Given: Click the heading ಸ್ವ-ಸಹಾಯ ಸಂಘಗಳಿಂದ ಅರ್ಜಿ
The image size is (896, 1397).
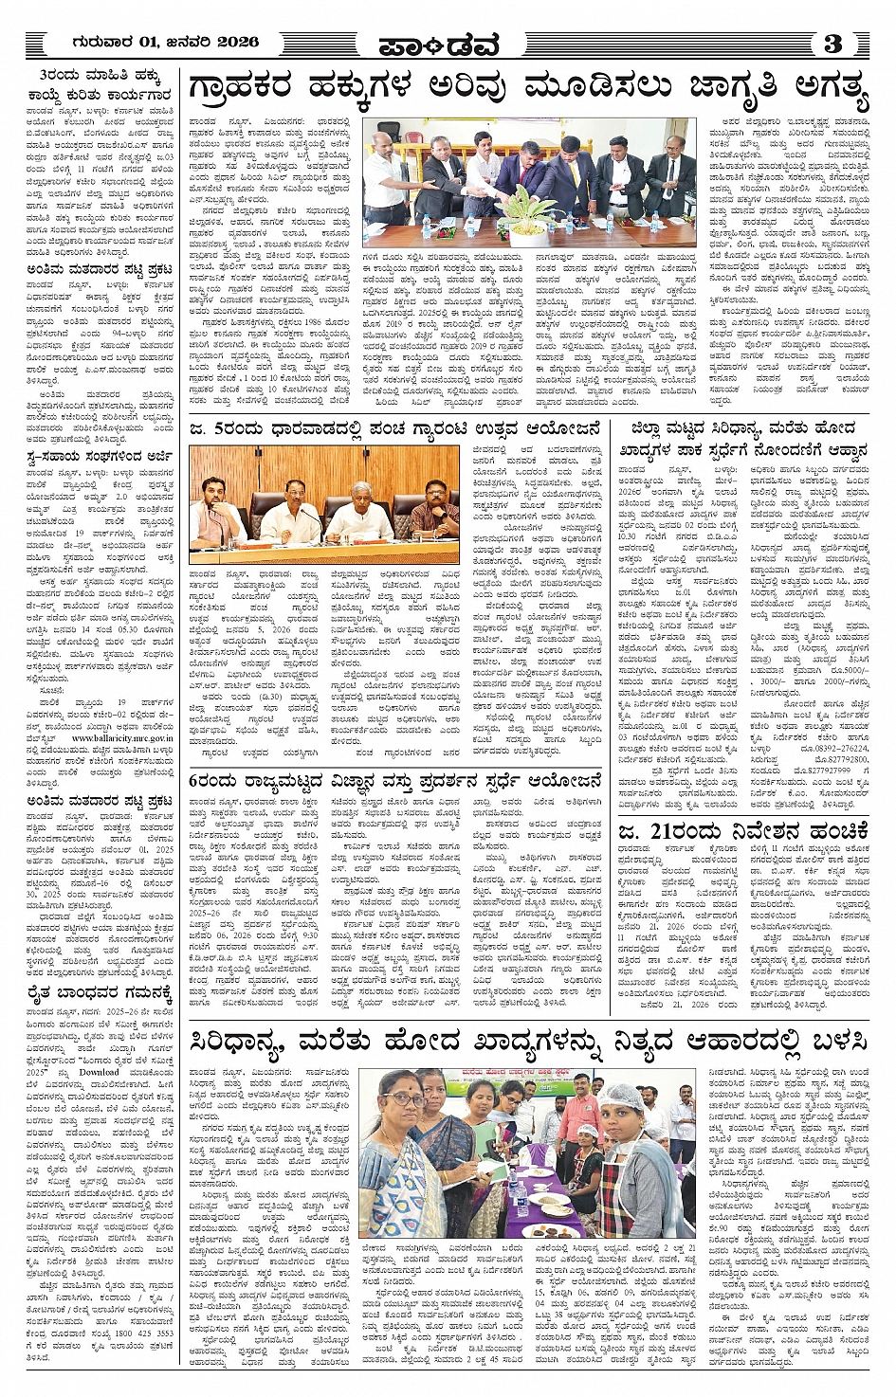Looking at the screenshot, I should click(100, 457).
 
